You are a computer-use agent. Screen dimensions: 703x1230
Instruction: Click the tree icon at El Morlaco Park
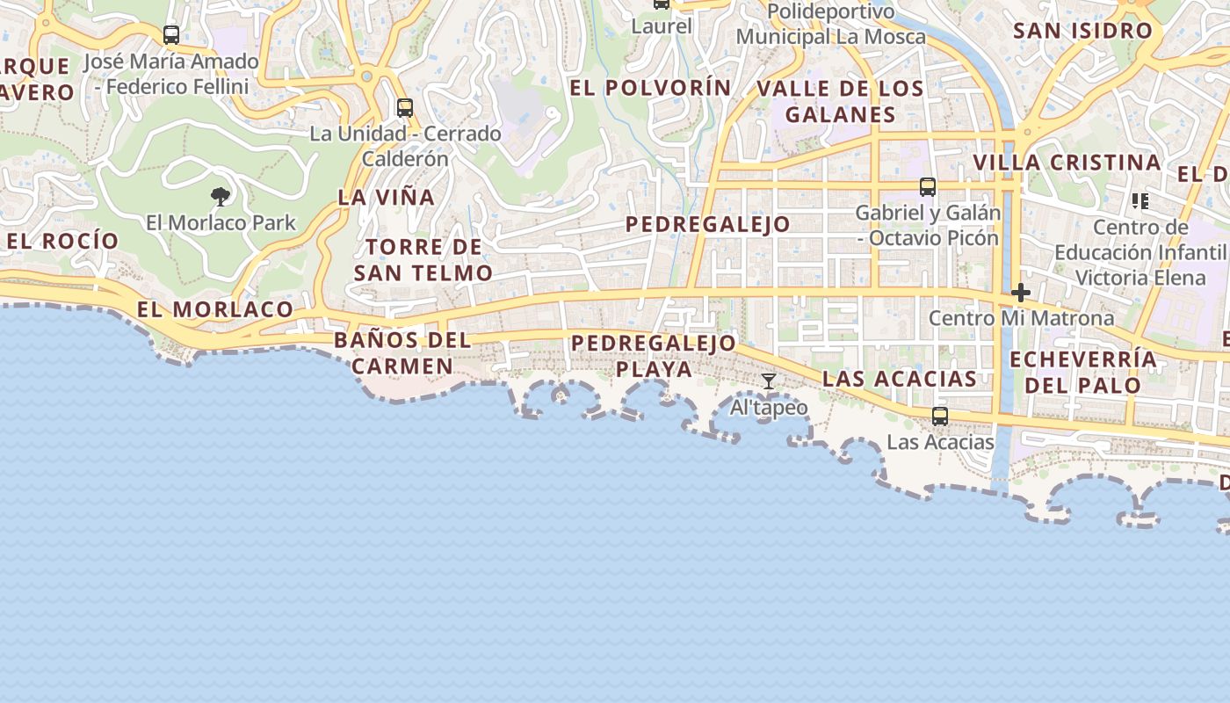tap(221, 196)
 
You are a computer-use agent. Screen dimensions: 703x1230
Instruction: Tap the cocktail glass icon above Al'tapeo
tap(769, 380)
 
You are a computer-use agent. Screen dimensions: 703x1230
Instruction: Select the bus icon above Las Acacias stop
tap(940, 416)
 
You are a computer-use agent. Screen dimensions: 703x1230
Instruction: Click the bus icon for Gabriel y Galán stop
tap(928, 186)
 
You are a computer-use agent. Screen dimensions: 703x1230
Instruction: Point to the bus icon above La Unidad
tap(405, 108)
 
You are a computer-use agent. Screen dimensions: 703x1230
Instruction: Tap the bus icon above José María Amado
tap(171, 35)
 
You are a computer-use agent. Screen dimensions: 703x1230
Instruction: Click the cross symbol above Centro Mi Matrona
tap(1020, 292)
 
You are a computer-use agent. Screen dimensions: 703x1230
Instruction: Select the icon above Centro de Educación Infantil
tap(1140, 201)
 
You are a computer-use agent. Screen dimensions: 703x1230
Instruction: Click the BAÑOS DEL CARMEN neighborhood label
tap(402, 353)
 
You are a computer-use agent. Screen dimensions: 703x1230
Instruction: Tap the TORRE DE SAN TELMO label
tap(423, 260)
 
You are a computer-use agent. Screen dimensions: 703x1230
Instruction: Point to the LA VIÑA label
tap(387, 198)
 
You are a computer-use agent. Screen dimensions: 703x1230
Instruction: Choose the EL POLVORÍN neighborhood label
tap(650, 88)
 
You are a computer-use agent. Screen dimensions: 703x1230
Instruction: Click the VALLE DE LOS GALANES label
tap(840, 101)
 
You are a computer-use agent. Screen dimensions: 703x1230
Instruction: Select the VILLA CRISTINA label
tap(1067, 163)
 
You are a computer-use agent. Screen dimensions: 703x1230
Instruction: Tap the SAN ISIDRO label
tap(1082, 31)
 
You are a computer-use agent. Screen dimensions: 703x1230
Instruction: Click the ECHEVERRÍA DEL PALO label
tap(1083, 372)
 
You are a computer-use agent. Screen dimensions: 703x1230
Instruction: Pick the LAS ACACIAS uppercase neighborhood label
tap(900, 379)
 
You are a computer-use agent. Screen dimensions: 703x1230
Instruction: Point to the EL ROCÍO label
tap(63, 241)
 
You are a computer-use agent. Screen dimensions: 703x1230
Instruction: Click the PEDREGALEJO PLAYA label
tap(654, 356)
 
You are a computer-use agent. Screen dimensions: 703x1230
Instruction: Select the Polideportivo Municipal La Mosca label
tap(831, 25)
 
